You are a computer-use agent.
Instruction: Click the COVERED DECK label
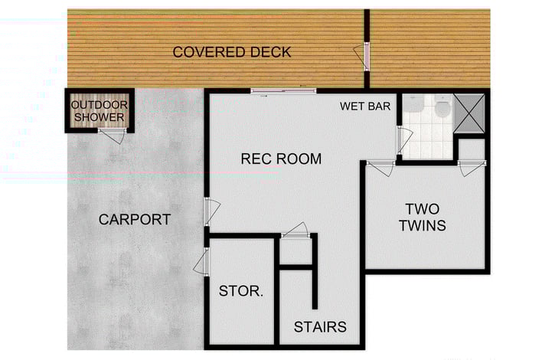(231, 52)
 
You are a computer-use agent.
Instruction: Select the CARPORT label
(135, 220)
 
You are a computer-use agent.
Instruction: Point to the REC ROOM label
(281, 159)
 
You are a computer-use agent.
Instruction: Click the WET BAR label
(365, 106)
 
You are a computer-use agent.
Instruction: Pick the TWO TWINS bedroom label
(425, 217)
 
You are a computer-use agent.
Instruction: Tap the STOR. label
(241, 291)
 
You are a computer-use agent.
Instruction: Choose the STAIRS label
(320, 327)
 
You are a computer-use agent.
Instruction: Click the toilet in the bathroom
(442, 109)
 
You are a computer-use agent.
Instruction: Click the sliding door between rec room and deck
(282, 91)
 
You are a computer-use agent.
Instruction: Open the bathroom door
(402, 139)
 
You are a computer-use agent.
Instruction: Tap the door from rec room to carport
(211, 211)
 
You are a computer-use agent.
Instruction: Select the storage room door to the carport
(202, 262)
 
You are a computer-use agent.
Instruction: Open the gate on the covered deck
(362, 55)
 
